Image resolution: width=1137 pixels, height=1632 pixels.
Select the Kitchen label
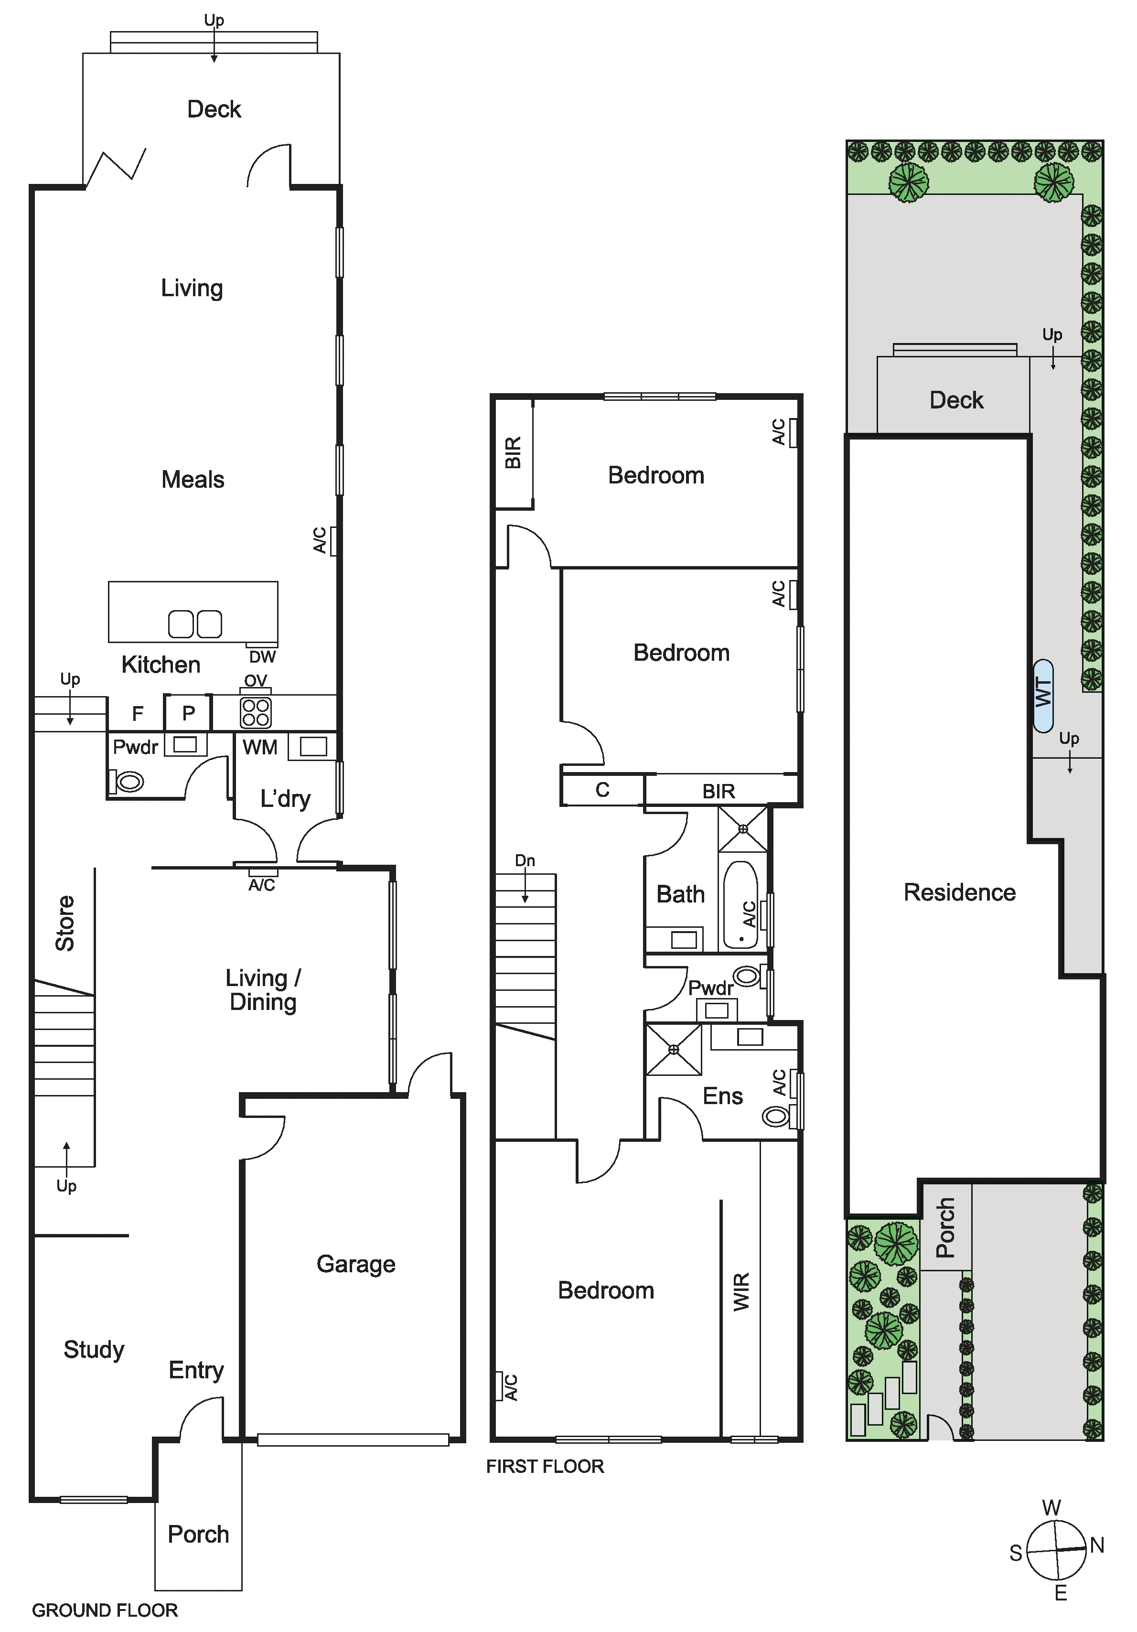click(161, 665)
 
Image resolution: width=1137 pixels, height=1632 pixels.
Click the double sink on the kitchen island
click(195, 624)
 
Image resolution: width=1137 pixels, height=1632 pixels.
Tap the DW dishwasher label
click(262, 657)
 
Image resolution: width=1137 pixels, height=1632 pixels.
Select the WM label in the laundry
click(260, 747)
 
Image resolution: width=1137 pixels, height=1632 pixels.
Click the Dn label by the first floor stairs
click(525, 861)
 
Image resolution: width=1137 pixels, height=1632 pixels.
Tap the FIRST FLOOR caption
click(545, 1466)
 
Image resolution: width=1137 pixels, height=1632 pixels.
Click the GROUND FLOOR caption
click(105, 1610)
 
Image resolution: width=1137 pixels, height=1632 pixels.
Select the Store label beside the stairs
click(64, 923)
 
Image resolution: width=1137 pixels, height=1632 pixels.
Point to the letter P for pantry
click(188, 713)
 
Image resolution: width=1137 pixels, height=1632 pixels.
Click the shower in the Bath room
click(742, 829)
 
